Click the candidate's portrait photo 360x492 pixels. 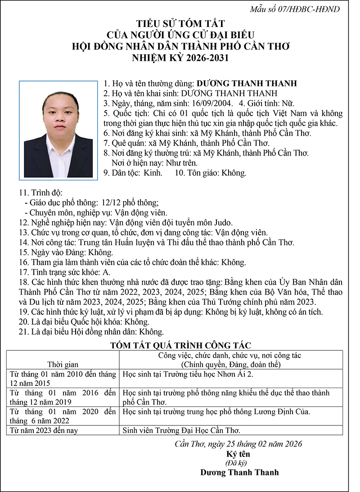[x=58, y=129]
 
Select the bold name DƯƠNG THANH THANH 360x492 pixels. [x=247, y=83]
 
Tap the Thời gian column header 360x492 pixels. [x=63, y=364]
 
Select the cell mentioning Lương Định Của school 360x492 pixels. [x=216, y=411]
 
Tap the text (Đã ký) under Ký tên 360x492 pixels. [x=238, y=463]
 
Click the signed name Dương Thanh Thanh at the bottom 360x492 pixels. [x=239, y=472]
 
